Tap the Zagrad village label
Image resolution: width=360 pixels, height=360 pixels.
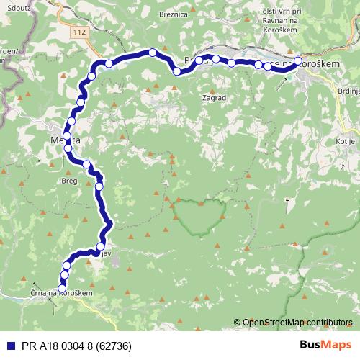point(215,96)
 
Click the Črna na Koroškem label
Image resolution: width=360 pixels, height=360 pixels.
point(61,294)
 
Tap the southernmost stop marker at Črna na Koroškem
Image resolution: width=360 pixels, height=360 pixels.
point(61,289)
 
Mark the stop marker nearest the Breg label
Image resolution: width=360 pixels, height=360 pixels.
point(87,165)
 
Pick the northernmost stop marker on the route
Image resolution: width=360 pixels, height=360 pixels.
point(153,52)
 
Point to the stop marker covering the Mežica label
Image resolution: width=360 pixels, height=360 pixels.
point(66,135)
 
